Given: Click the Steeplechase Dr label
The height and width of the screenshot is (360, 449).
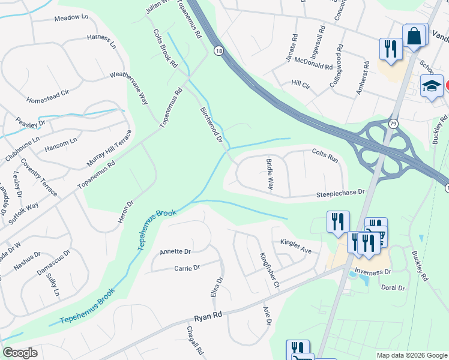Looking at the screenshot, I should tap(340, 193).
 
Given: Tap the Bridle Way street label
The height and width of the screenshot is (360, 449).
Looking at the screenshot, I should tap(270, 175).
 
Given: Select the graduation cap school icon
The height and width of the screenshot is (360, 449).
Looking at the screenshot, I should tap(432, 87).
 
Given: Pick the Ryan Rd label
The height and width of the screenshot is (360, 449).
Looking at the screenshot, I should tap(208, 314).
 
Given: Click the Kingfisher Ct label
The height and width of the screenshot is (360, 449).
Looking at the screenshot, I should tap(269, 270).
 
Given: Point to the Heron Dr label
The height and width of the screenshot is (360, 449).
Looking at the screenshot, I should tap(125, 208).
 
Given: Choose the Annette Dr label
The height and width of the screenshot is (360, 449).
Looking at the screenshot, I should tap(175, 252).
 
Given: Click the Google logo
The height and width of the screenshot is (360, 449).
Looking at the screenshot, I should tap(20, 353).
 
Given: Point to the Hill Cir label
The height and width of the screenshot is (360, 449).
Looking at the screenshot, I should tap(300, 85).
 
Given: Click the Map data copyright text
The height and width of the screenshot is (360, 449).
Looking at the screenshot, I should tap(411, 355).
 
